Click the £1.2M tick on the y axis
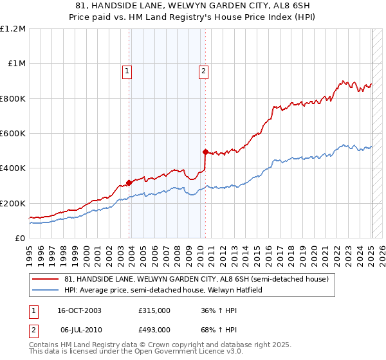tap(13, 28)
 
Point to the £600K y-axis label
tap(13, 133)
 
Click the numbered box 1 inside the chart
tap(127, 71)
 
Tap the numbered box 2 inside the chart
tap(203, 71)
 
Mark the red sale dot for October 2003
tap(129, 183)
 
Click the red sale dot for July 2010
tap(205, 152)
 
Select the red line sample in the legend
tap(46, 279)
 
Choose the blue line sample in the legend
tap(46, 290)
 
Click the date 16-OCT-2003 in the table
tap(79, 310)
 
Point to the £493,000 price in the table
tap(154, 330)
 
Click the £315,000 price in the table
tap(154, 310)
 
